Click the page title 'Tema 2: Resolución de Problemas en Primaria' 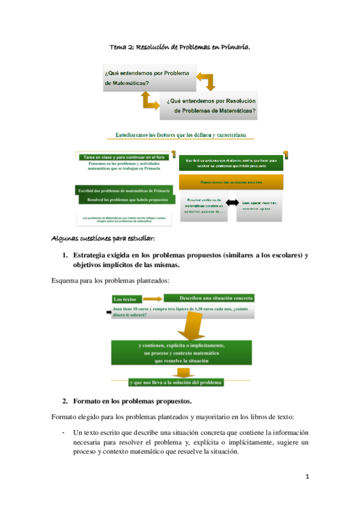[x=180, y=46]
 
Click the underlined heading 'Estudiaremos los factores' [x=180, y=136]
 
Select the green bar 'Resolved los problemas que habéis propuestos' [x=126, y=199]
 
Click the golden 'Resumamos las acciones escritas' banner [x=230, y=182]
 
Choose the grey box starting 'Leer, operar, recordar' [x=260, y=206]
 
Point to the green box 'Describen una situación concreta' [x=209, y=298]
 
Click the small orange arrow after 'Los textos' [x=153, y=298]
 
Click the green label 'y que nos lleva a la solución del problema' [x=176, y=382]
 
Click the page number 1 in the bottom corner [x=307, y=478]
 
